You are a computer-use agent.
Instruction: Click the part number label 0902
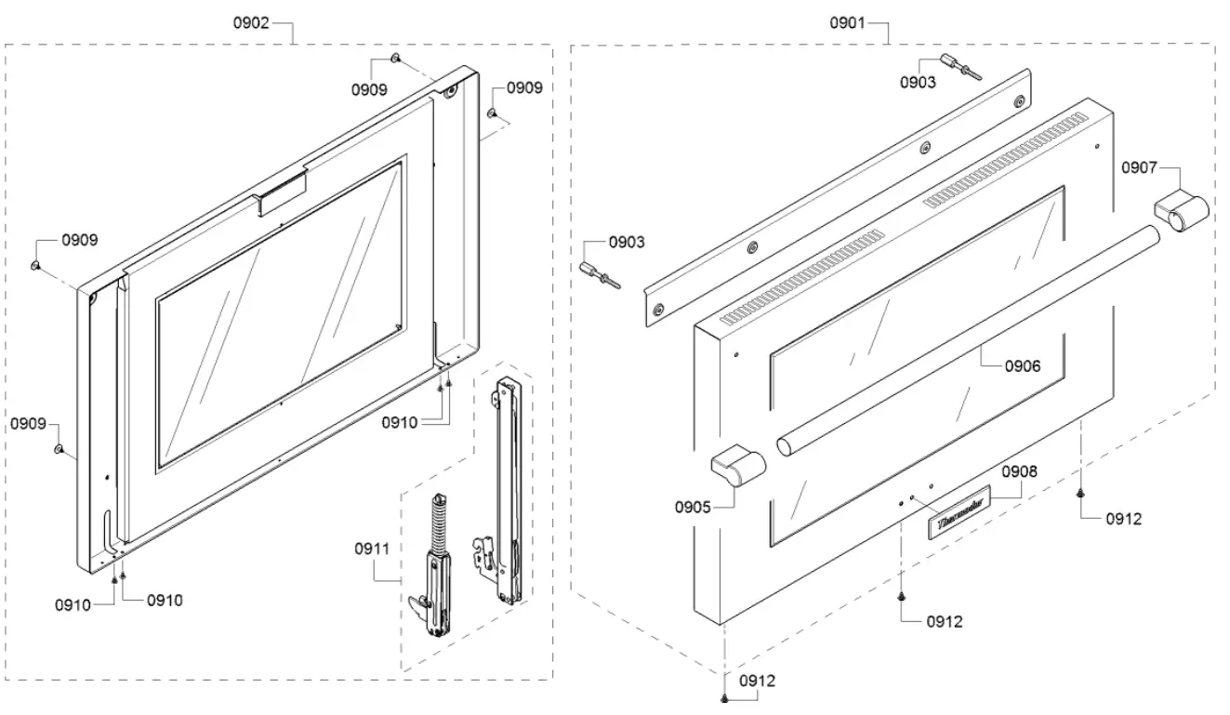[x=250, y=23]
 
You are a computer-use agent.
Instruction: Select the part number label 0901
[x=848, y=23]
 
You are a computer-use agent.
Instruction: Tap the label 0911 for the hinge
[x=372, y=549]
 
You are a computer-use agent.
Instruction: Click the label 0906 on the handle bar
[x=1023, y=366]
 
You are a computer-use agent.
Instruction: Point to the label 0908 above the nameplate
[x=1019, y=471]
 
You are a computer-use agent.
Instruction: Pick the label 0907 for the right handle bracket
[x=1139, y=168]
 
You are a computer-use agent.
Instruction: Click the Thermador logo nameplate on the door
[x=959, y=523]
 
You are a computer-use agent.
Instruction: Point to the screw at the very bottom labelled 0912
[x=723, y=697]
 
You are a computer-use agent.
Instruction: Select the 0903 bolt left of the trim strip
[x=595, y=274]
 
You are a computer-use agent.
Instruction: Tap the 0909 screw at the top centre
[x=396, y=59]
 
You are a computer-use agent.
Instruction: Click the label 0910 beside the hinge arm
[x=400, y=423]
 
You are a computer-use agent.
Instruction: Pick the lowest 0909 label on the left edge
[x=29, y=424]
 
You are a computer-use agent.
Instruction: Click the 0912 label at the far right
[x=1124, y=520]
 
